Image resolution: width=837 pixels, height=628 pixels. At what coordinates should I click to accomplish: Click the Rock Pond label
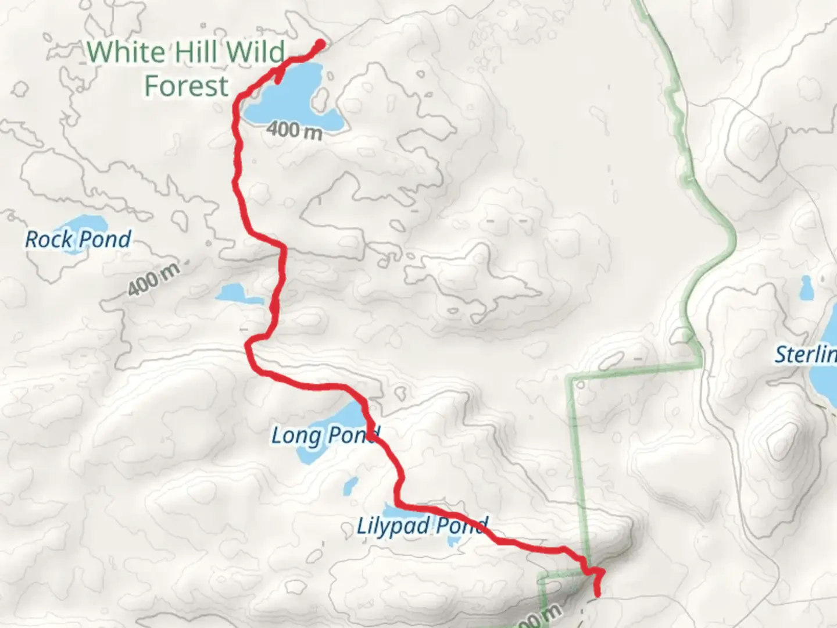78,239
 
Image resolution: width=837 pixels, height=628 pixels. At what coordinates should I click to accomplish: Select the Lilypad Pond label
421,527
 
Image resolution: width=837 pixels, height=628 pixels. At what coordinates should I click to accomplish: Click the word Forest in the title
187,86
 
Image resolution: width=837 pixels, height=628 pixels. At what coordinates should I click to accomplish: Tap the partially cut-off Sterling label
806,354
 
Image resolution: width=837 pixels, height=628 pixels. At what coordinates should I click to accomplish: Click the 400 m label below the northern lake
295,130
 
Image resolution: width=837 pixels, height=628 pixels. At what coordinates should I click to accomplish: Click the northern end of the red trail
320,43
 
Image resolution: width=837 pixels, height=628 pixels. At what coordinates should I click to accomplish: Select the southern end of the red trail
596,593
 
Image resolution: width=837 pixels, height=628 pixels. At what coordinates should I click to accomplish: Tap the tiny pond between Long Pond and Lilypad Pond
350,485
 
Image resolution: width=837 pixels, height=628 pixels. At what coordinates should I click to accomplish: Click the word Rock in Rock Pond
49,239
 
